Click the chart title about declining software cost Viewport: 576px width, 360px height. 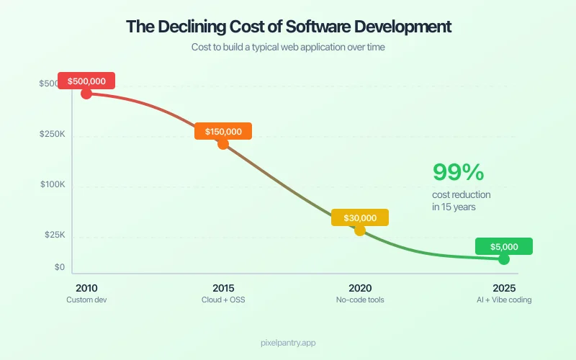pyautogui.click(x=288, y=27)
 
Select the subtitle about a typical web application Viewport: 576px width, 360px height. pyautogui.click(x=288, y=47)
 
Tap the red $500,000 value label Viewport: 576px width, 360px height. pyautogui.click(x=86, y=81)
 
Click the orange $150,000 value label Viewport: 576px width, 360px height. pyautogui.click(x=223, y=132)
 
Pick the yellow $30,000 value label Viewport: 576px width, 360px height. pyautogui.click(x=359, y=217)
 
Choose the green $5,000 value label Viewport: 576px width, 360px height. pyautogui.click(x=504, y=246)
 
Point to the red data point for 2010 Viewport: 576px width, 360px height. pyautogui.click(x=86, y=93)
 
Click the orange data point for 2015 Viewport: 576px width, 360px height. pyautogui.click(x=223, y=143)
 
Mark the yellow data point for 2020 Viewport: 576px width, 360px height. pyautogui.click(x=359, y=230)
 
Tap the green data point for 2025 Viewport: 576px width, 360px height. pyautogui.click(x=504, y=258)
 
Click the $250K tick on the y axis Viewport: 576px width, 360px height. pyautogui.click(x=53, y=135)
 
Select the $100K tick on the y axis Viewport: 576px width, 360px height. pyautogui.click(x=53, y=185)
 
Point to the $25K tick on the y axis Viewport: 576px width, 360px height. pyautogui.click(x=54, y=235)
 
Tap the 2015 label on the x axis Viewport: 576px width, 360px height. pyautogui.click(x=223, y=287)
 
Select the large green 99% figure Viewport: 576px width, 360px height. pyautogui.click(x=458, y=172)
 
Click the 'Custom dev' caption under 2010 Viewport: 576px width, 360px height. pyautogui.click(x=86, y=300)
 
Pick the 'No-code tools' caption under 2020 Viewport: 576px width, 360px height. pyautogui.click(x=360, y=300)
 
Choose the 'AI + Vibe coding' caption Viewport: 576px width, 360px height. pyautogui.click(x=504, y=300)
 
